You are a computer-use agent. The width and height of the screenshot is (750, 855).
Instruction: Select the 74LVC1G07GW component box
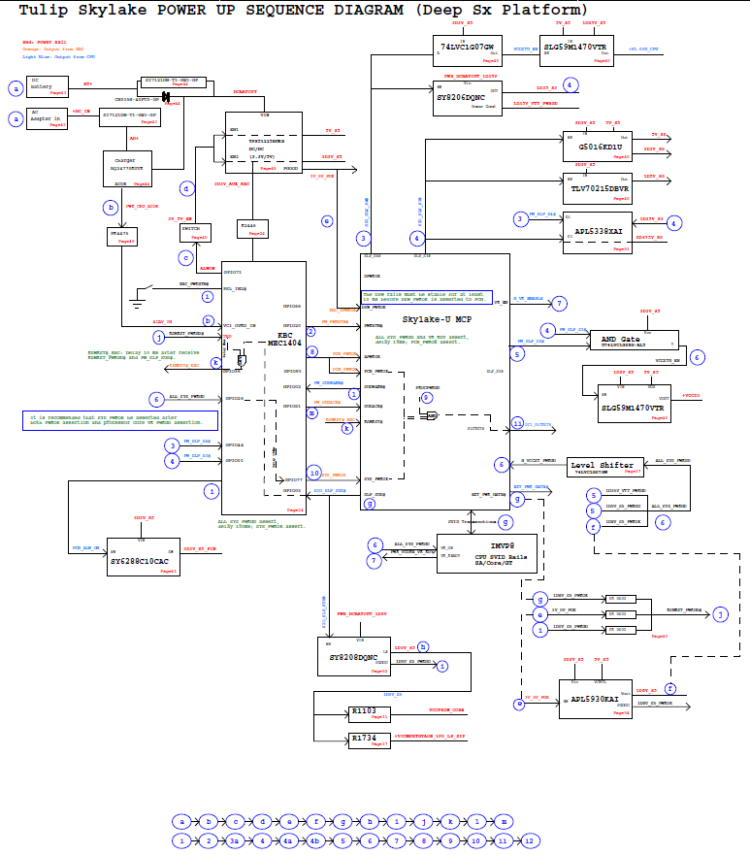468,48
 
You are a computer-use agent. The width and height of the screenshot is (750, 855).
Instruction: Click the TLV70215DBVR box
597,187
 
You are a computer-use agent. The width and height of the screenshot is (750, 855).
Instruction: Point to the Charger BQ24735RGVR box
127,168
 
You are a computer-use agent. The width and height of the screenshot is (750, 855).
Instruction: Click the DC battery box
48,87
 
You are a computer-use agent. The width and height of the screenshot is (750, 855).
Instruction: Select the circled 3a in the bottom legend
236,840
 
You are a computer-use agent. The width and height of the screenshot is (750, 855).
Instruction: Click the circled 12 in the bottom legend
529,840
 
